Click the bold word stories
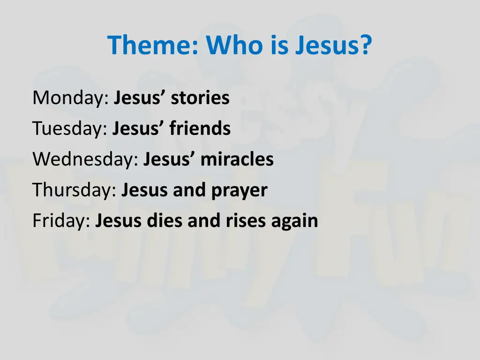(x=200, y=98)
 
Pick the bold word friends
(x=200, y=129)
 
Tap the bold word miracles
(x=237, y=160)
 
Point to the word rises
(x=244, y=221)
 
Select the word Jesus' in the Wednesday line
(x=169, y=160)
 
